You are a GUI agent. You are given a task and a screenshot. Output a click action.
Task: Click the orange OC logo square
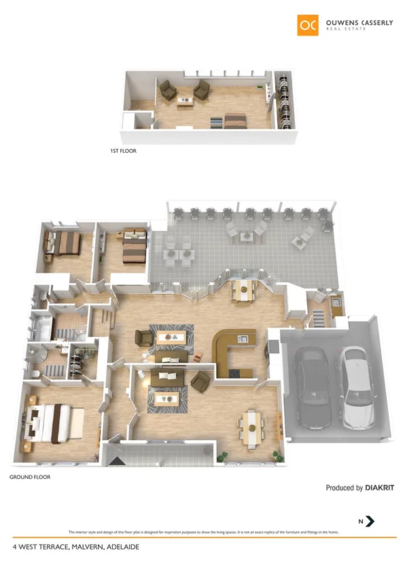pos(308,24)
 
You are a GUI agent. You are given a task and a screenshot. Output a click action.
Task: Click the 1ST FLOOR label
pos(123,151)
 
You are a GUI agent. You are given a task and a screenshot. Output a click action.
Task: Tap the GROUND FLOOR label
pos(30,478)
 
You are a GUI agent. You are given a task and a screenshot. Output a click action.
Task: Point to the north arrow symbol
pos(370,521)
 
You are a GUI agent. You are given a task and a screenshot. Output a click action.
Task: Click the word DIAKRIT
pos(379,488)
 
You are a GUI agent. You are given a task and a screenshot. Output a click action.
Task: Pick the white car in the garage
pos(357,388)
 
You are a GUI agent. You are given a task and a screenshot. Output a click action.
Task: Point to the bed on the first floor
pos(235,121)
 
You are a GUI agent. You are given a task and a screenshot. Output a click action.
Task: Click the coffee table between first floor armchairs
pos(185,101)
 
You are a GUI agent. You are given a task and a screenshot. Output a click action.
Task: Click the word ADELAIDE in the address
pos(120,545)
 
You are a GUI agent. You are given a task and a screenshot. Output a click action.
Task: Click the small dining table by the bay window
pos(242,291)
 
